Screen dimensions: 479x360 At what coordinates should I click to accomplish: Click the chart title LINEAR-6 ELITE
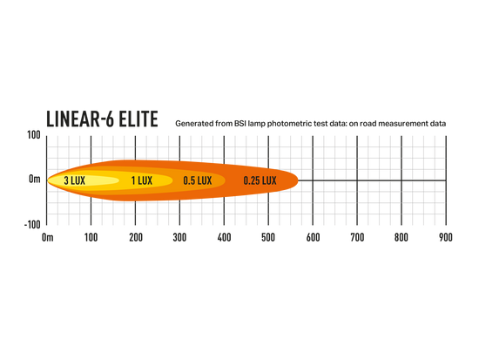point(102,119)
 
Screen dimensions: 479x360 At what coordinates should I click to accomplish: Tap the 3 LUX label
point(75,180)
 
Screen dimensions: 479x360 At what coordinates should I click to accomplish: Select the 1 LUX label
point(142,180)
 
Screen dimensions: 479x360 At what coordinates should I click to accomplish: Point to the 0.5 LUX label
point(198,180)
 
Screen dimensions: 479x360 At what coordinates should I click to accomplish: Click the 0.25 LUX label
point(260,180)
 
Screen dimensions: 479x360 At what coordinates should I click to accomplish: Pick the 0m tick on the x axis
point(47,237)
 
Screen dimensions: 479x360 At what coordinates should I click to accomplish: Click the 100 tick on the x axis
point(91,237)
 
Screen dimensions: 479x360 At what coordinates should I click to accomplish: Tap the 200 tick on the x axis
point(136,237)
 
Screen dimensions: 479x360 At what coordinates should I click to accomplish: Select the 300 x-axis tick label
point(179,237)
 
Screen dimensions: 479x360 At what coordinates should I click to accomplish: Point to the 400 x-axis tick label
point(224,237)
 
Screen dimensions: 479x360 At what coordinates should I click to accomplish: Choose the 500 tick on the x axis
point(268,237)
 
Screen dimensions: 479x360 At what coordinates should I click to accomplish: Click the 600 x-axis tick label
point(314,237)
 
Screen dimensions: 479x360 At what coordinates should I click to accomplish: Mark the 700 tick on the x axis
point(357,237)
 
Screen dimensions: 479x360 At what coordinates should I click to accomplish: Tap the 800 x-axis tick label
point(401,237)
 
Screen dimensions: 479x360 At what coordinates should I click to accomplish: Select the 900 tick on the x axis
point(446,237)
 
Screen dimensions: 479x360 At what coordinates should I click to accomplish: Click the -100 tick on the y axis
point(32,225)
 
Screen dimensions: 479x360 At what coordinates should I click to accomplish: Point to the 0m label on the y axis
point(35,179)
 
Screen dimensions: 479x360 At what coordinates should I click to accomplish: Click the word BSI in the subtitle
point(240,124)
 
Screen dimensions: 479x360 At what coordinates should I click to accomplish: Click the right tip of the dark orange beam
point(298,180)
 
